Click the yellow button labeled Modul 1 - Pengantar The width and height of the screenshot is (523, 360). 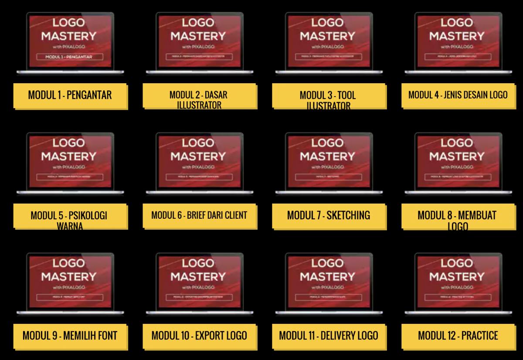click(70, 95)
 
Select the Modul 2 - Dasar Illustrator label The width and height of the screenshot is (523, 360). click(199, 96)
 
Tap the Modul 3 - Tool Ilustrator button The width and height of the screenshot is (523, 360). click(328, 96)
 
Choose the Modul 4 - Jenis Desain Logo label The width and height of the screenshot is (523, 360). click(458, 95)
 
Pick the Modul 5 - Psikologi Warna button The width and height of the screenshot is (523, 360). click(69, 216)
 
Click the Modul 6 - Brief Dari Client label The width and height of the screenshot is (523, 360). click(199, 215)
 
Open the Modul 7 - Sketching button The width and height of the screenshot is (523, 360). click(328, 215)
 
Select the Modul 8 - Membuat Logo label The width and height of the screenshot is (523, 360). click(458, 216)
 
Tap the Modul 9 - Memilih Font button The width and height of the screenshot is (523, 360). click(70, 336)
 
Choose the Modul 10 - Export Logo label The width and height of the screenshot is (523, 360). click(199, 336)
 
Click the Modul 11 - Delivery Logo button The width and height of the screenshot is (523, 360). click(328, 336)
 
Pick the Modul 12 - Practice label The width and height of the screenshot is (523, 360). click(458, 336)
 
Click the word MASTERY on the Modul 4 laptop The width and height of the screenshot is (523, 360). click(457, 36)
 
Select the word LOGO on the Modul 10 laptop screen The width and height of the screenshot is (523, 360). click(198, 263)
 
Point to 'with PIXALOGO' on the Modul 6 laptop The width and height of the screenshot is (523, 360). click(198, 167)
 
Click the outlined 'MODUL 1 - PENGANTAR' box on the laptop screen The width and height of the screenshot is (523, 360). click(70, 57)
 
